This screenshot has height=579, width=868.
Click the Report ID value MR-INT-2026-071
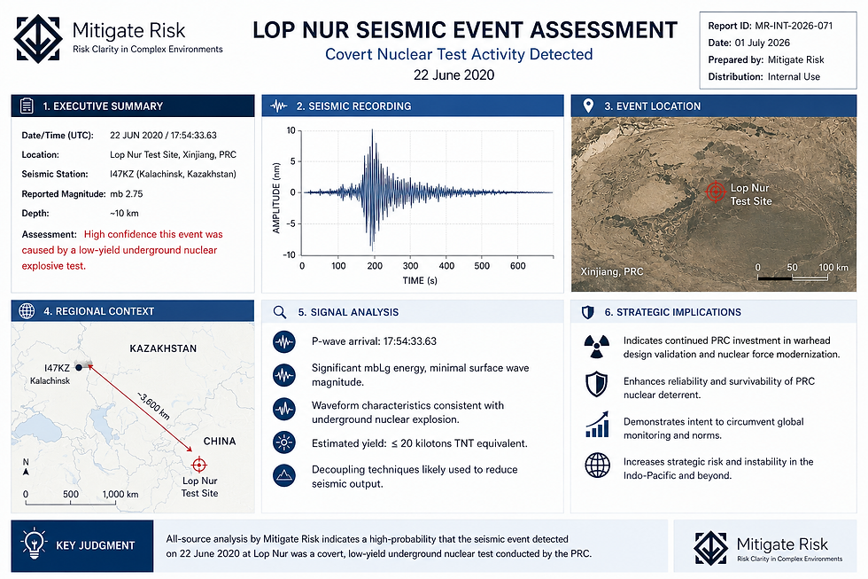pyautogui.click(x=794, y=26)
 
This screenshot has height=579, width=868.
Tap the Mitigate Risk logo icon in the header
pyautogui.click(x=37, y=38)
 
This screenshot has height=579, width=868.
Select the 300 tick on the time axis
pyautogui.click(x=410, y=266)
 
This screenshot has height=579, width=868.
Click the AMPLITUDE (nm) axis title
pyautogui.click(x=276, y=198)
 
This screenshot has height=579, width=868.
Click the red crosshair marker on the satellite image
pyautogui.click(x=716, y=192)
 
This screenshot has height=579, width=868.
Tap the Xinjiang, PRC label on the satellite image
pyautogui.click(x=612, y=271)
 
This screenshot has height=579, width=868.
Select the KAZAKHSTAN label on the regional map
pyautogui.click(x=163, y=348)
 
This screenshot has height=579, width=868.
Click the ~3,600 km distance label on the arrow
pyautogui.click(x=153, y=406)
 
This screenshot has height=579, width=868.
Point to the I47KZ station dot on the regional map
pyautogui.click(x=79, y=367)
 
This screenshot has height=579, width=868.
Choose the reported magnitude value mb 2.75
pyautogui.click(x=126, y=194)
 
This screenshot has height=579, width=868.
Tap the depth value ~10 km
pyautogui.click(x=124, y=214)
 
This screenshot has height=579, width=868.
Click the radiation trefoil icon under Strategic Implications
pyautogui.click(x=597, y=347)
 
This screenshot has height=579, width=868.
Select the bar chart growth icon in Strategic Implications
pyautogui.click(x=597, y=425)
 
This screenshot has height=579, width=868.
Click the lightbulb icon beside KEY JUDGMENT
pyautogui.click(x=34, y=544)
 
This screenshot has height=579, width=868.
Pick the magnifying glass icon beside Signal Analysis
pyautogui.click(x=280, y=312)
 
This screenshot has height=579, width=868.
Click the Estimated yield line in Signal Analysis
pyautogui.click(x=419, y=443)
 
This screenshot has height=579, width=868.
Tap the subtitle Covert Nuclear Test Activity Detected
pyautogui.click(x=459, y=54)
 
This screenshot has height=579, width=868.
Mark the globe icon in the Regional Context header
pyautogui.click(x=27, y=311)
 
